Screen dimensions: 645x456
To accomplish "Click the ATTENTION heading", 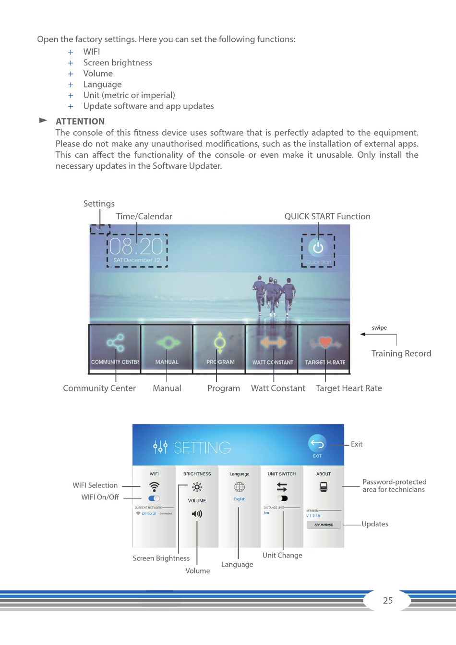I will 80,122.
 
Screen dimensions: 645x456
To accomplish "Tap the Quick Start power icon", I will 318,248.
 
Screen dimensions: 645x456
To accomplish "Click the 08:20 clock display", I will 136,247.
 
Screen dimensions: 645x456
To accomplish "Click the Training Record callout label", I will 401,354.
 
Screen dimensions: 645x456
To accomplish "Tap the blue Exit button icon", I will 317,443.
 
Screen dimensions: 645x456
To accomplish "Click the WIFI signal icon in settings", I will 154,486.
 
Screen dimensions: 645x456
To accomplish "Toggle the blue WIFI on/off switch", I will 154,498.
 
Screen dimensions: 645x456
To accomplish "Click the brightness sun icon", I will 197,487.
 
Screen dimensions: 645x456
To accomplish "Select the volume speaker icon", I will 197,514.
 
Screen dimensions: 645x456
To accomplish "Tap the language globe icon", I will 239,487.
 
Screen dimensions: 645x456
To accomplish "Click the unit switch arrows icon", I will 282,487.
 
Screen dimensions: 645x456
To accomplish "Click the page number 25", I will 388,600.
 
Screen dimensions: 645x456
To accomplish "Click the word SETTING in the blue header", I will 203,448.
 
